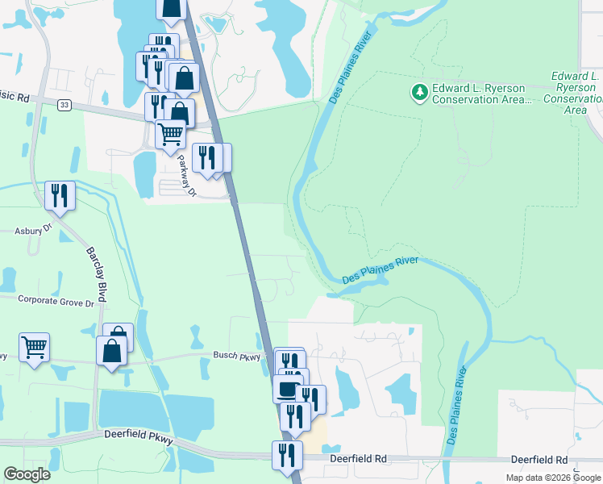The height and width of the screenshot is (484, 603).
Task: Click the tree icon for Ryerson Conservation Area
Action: tap(419, 93)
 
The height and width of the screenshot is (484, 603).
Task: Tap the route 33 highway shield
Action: tap(65, 103)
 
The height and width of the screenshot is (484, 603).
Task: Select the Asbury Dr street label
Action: tap(33, 231)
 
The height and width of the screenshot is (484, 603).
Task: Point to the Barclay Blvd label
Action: tap(97, 263)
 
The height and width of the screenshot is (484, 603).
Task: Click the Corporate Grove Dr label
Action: tap(56, 298)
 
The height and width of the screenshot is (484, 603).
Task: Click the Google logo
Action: tap(27, 474)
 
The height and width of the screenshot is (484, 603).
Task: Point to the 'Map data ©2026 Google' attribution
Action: tap(552, 478)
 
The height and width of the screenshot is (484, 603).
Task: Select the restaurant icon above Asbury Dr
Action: tap(60, 195)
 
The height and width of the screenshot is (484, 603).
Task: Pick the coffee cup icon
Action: tap(286, 390)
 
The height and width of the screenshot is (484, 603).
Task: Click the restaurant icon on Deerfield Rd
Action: tap(287, 455)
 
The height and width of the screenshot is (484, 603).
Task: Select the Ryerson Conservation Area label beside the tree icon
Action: tap(482, 94)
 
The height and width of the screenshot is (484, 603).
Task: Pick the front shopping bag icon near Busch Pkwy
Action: tap(111, 352)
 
